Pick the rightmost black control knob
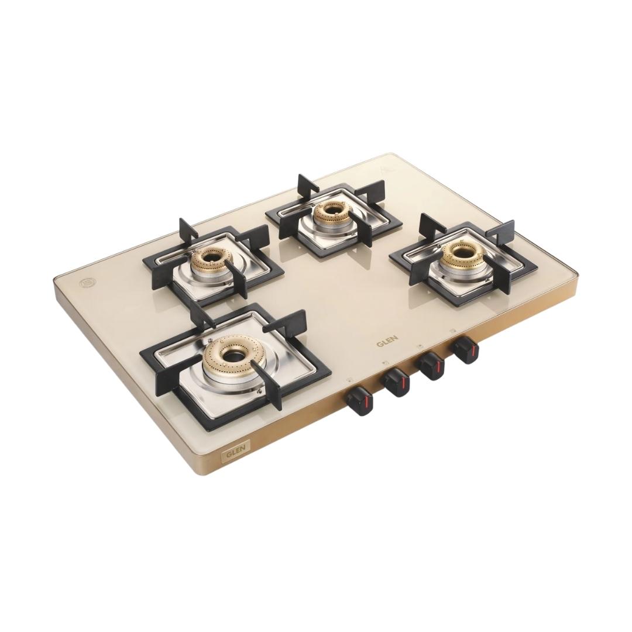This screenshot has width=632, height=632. (x=466, y=351)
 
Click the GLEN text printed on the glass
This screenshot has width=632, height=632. (x=387, y=341)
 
